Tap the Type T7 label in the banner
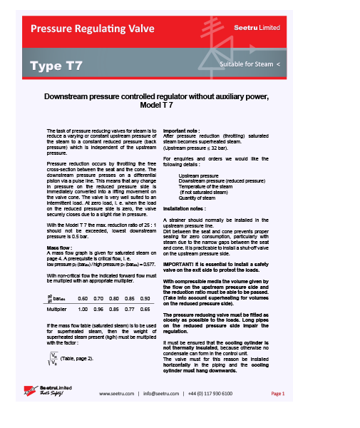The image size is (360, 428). (x=56, y=66)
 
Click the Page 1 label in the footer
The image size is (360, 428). (x=277, y=393)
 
